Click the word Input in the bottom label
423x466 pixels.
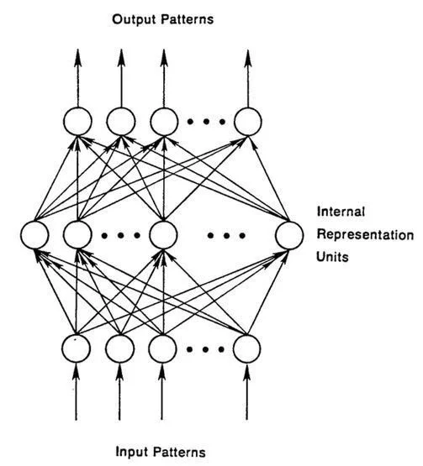tap(131, 452)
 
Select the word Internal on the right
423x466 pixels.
tap(341, 212)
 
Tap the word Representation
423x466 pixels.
tap(365, 234)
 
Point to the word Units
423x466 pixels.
tap(332, 256)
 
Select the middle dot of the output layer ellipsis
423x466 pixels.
tap(206, 121)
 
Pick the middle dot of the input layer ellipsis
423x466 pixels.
tap(205, 349)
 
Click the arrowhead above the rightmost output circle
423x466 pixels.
tap(248, 57)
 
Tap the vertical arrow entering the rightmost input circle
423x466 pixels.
tap(246, 392)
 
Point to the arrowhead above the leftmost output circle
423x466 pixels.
tap(77, 57)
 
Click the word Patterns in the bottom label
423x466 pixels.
tap(179, 452)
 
